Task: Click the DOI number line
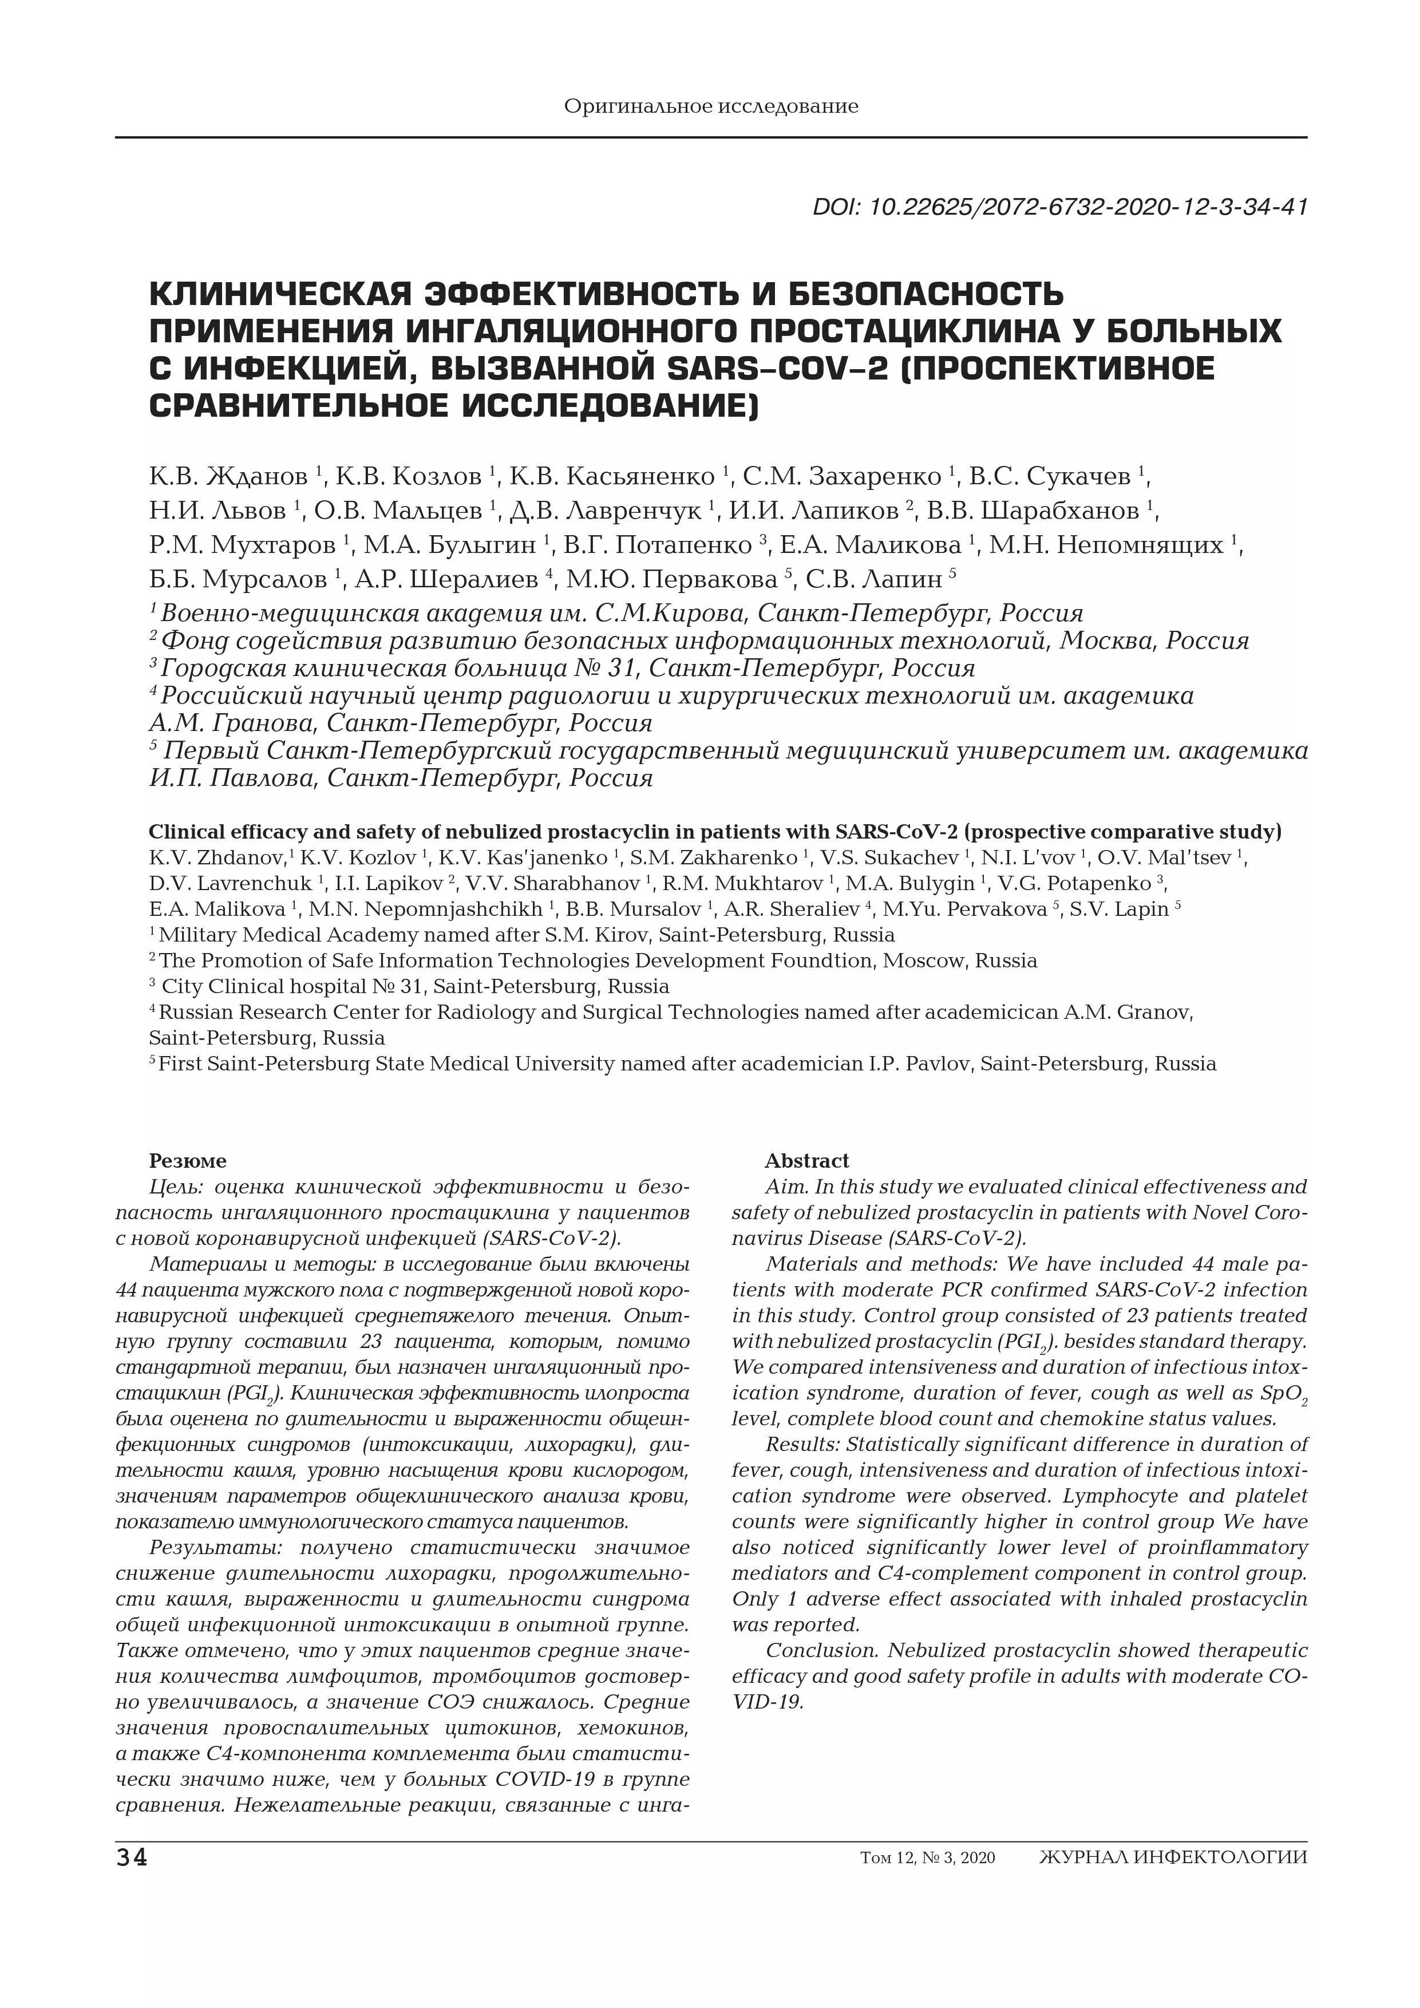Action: coord(1060,207)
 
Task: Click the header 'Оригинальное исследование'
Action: coord(711,106)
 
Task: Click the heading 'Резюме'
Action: coord(187,1160)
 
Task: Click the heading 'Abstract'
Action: coord(806,1160)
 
